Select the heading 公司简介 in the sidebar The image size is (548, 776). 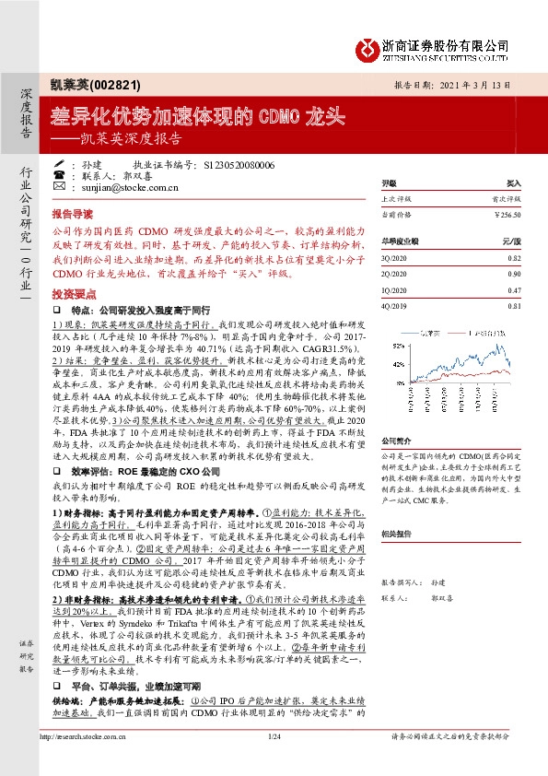[x=395, y=441]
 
